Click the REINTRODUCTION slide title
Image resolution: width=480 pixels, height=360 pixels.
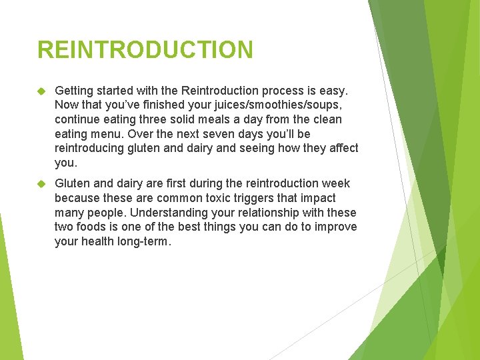tap(145, 50)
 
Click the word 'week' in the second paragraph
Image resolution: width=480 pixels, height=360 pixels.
tap(337, 183)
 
